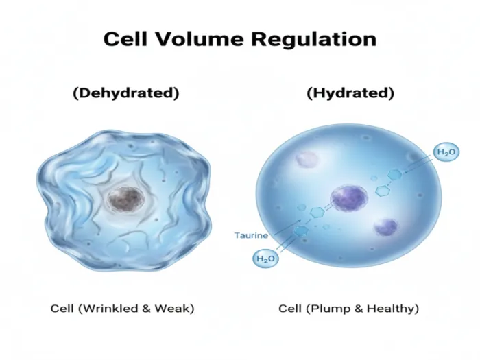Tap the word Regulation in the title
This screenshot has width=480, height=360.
tap(314, 40)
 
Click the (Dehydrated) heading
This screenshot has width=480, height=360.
tap(125, 93)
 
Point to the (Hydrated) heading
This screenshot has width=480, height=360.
tap(350, 93)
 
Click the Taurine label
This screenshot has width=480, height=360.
tap(251, 235)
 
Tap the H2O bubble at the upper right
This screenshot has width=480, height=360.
tap(446, 152)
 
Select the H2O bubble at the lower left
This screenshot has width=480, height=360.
tap(265, 259)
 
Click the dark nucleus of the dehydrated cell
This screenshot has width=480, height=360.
tap(125, 198)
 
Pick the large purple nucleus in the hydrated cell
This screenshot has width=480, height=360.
tap(349, 198)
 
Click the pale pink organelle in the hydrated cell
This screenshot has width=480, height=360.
tap(307, 159)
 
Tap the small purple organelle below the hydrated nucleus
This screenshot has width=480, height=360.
tap(385, 227)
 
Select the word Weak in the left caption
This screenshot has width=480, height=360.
tap(173, 309)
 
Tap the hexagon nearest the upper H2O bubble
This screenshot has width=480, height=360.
tap(394, 176)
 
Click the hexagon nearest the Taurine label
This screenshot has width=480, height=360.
tap(301, 230)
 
